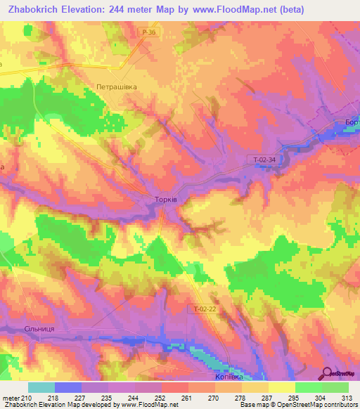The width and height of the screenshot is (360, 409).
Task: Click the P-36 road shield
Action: pyautogui.click(x=147, y=32)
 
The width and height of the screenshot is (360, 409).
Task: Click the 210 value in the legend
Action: pyautogui.click(x=28, y=398)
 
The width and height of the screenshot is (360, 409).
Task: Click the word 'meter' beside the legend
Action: pyautogui.click(x=11, y=398)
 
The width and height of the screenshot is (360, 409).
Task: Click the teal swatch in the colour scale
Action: pyautogui.click(x=41, y=387)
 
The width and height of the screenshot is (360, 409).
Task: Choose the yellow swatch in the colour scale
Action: pyautogui.click(x=281, y=387)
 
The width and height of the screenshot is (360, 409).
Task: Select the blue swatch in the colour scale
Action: pyautogui.click(x=68, y=387)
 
